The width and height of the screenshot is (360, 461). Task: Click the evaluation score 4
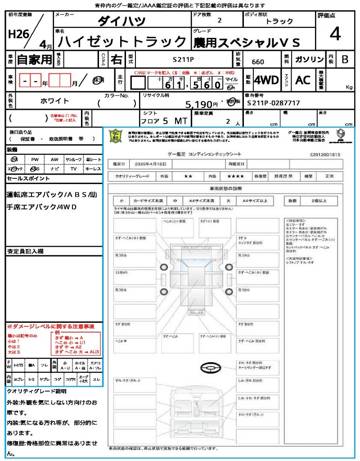pos(335,34)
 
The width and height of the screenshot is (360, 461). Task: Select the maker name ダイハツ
pos(122,21)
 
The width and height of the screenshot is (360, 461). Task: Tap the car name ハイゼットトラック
pos(122,42)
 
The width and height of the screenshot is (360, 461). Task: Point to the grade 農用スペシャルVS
pos(246,43)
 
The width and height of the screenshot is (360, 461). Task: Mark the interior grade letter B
pos(345,59)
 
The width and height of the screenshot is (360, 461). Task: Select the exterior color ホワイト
pos(55,101)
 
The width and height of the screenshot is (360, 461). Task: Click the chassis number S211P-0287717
pos(273,103)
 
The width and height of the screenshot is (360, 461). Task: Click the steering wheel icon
pos(209,368)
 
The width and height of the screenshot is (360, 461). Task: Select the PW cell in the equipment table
pos(35,159)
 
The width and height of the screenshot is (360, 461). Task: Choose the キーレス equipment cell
pos(93,168)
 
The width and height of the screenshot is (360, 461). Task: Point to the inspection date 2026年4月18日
pos(153,163)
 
